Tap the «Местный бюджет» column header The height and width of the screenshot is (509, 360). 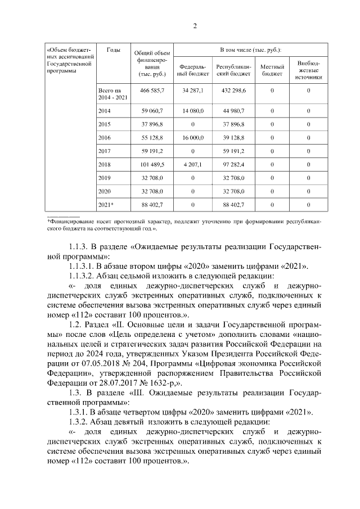[272, 70]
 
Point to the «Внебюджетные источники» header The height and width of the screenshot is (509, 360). [309, 70]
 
